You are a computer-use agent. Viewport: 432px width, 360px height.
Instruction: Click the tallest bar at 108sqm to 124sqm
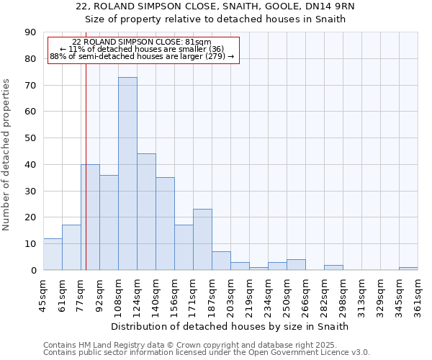click(x=127, y=174)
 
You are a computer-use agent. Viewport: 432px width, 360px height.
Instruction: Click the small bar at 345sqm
click(x=408, y=269)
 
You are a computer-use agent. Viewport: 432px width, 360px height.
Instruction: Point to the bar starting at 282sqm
click(x=333, y=268)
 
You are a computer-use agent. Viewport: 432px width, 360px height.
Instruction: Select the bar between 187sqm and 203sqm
click(x=221, y=261)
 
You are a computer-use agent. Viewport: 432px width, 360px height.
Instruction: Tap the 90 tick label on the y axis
click(x=30, y=32)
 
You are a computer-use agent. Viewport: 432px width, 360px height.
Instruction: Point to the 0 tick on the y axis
click(x=33, y=270)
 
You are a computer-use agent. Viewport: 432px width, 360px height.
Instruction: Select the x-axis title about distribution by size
click(x=230, y=326)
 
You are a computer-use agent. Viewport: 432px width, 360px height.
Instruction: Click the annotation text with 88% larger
click(x=143, y=56)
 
